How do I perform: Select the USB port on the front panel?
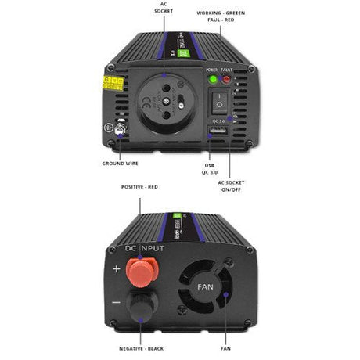219,131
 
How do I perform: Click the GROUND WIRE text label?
121,164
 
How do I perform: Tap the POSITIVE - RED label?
140,188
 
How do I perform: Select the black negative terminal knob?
140,307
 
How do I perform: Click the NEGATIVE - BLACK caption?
140,347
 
